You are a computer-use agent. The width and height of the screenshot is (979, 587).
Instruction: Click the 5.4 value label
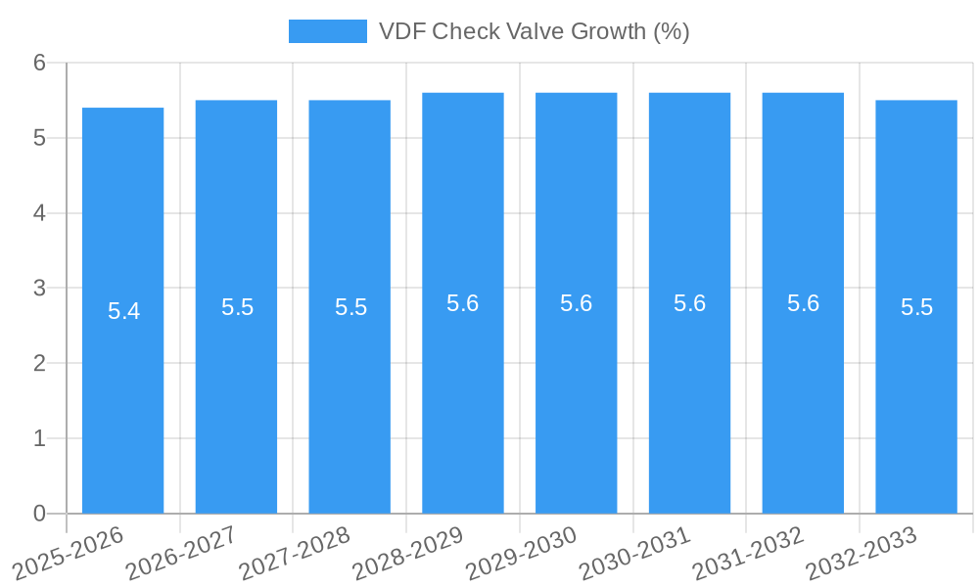click(x=123, y=311)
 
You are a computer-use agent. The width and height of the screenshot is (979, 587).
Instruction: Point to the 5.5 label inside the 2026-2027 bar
click(x=237, y=307)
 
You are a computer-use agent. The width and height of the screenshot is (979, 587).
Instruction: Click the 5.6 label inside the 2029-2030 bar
click(x=576, y=303)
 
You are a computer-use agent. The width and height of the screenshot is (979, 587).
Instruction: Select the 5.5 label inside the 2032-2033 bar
click(x=916, y=307)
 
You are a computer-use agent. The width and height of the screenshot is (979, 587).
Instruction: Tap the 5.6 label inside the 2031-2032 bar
click(x=803, y=303)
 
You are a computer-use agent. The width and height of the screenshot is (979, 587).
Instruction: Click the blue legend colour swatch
click(x=327, y=31)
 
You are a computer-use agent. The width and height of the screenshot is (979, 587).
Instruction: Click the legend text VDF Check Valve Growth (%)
click(x=534, y=31)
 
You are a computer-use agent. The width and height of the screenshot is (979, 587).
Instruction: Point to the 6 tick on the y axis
click(x=39, y=63)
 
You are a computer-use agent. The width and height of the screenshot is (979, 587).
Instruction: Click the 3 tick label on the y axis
click(x=39, y=289)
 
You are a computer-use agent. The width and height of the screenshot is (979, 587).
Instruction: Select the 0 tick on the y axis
click(x=39, y=514)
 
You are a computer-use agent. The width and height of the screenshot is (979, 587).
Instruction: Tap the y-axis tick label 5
click(x=39, y=138)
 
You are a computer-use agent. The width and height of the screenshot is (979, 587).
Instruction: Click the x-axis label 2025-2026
click(x=69, y=551)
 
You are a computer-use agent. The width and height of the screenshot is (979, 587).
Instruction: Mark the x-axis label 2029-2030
click(x=522, y=551)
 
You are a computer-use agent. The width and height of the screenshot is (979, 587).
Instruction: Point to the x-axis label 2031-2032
click(x=749, y=551)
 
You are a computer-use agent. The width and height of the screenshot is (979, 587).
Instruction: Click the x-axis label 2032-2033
click(x=862, y=551)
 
